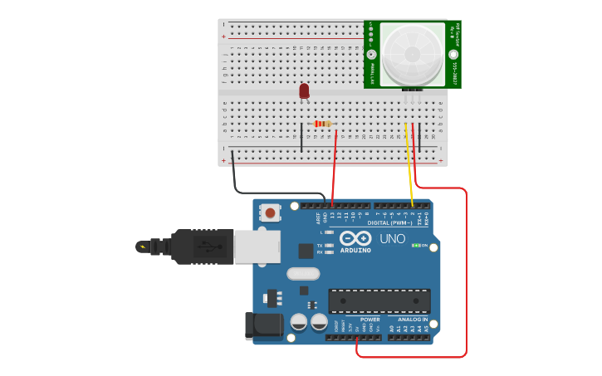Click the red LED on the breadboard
click(x=305, y=90)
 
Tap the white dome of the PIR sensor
click(x=412, y=51)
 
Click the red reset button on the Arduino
click(x=271, y=212)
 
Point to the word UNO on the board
click(x=393, y=239)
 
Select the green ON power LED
click(x=415, y=246)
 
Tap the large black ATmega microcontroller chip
click(x=379, y=301)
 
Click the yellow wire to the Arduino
click(x=409, y=166)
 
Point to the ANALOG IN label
click(x=413, y=320)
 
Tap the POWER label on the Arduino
click(x=370, y=320)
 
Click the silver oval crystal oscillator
click(x=302, y=274)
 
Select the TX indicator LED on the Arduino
click(x=330, y=246)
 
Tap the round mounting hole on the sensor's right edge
click(x=453, y=55)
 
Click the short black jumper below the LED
click(x=301, y=137)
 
